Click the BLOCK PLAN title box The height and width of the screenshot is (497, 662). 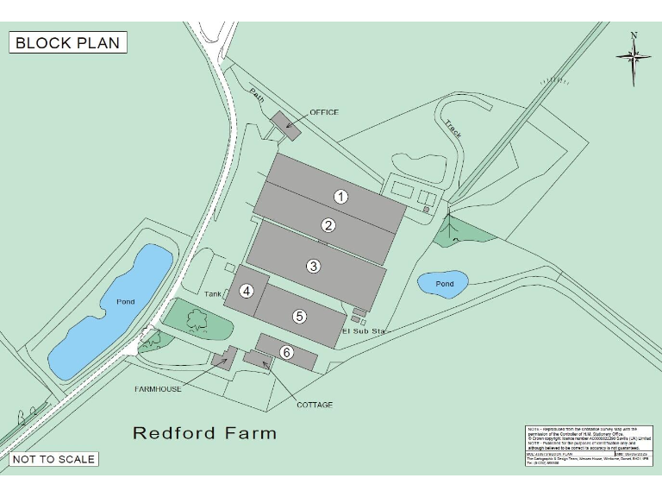[x=68, y=42]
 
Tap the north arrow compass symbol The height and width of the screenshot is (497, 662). [x=634, y=57]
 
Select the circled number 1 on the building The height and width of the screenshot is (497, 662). [x=341, y=196]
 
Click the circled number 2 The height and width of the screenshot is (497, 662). [x=328, y=225]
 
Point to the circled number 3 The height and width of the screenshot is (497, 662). [x=314, y=266]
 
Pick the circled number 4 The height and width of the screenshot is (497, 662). [x=247, y=291]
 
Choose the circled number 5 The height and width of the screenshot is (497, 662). [x=299, y=316]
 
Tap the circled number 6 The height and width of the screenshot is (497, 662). [x=287, y=352]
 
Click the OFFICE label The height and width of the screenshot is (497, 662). [x=324, y=112]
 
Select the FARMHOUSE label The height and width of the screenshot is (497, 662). [x=158, y=389]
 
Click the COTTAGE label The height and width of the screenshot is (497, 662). [x=315, y=405]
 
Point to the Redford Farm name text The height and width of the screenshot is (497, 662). [x=204, y=433]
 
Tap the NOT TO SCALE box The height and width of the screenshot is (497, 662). [x=53, y=459]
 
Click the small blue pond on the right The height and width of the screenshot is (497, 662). [x=443, y=283]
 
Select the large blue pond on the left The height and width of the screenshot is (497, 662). [x=111, y=311]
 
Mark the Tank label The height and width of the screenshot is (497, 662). [x=214, y=294]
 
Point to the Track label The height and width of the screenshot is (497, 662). [x=453, y=129]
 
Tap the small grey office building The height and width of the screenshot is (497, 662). [x=285, y=126]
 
